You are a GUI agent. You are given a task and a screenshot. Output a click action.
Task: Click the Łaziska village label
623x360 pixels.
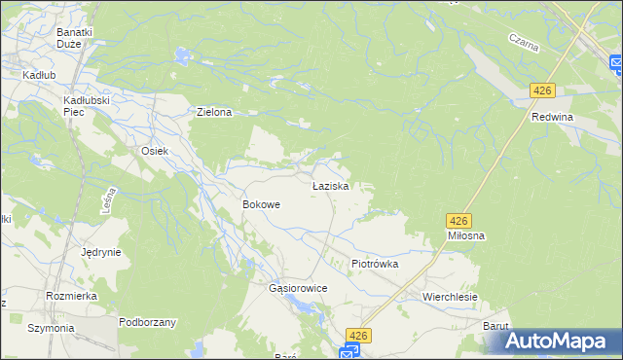pos(330,185)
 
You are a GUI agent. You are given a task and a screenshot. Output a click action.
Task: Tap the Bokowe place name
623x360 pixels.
pos(261,205)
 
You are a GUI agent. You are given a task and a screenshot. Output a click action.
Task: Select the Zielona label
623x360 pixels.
pos(214,113)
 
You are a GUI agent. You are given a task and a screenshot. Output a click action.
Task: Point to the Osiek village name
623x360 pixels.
pos(156,151)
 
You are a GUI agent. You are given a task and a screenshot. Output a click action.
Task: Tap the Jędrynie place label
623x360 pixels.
pos(101,252)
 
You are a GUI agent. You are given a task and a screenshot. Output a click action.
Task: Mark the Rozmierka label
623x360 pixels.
pos(68,295)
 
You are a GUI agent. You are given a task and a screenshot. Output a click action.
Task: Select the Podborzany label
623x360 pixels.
pos(146,322)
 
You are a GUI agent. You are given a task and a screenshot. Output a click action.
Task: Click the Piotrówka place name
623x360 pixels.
pos(375,264)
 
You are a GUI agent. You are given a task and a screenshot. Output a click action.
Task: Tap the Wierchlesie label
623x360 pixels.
pos(449,296)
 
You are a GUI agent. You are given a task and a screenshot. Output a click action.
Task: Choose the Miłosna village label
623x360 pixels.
pos(466,236)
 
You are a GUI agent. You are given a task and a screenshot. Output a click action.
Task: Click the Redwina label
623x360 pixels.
pos(552,117)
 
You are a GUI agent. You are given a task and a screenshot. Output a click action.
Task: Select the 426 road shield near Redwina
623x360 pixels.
pos(542,90)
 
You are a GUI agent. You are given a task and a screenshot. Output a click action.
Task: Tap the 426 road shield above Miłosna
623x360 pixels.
pos(459,221)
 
